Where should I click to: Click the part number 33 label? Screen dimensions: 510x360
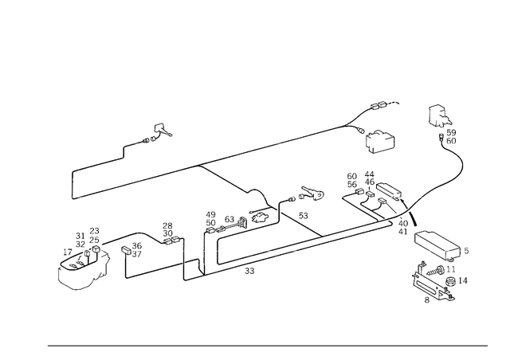(x=249, y=271)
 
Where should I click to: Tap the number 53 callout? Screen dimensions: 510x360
(x=303, y=216)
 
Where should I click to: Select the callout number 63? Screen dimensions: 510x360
(x=229, y=219)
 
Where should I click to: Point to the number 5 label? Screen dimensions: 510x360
(x=466, y=251)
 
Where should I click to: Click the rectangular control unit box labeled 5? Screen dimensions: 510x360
(x=437, y=246)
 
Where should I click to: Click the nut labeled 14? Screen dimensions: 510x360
(x=449, y=282)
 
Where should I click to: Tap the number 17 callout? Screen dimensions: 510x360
(x=67, y=252)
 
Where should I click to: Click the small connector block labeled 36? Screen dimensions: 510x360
(x=126, y=250)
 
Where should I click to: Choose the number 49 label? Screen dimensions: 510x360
(x=210, y=214)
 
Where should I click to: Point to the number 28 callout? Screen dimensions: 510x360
(x=167, y=225)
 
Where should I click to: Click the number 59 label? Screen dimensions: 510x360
(x=451, y=132)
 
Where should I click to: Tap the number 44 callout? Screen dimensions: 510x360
(x=369, y=174)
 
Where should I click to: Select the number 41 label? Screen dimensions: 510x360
(x=402, y=232)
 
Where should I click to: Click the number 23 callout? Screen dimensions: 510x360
(x=94, y=231)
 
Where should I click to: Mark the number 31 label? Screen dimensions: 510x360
(x=80, y=236)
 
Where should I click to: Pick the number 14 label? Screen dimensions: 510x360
(x=462, y=280)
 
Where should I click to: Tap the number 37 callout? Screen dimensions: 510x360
(x=137, y=254)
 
